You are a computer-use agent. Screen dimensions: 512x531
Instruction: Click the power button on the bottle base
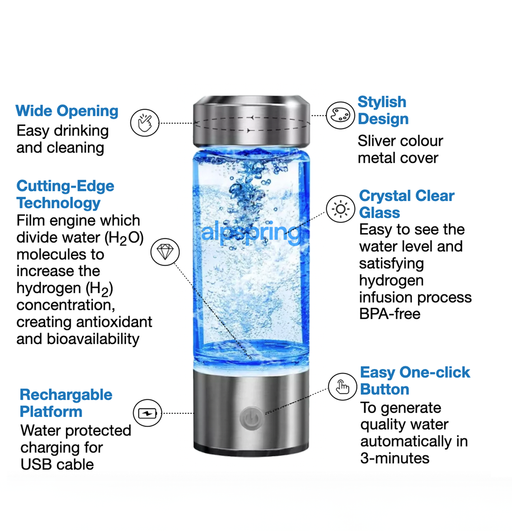(251, 418)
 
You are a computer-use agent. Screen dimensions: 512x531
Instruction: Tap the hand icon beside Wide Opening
(145, 123)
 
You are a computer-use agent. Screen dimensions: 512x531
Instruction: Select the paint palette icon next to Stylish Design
(340, 115)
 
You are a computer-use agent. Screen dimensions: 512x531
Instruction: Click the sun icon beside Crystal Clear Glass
(341, 209)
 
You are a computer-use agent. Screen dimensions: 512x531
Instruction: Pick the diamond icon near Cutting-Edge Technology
(165, 252)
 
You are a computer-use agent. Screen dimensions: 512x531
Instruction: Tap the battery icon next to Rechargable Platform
(147, 413)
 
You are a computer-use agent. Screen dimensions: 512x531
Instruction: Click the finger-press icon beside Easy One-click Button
(342, 387)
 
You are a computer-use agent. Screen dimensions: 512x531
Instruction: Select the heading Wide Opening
(67, 111)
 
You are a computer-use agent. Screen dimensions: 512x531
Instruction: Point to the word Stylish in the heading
(382, 102)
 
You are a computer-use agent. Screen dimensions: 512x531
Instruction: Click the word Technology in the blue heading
(58, 203)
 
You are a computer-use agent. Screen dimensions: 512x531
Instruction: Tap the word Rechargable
(66, 395)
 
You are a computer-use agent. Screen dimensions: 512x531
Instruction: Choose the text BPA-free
(390, 314)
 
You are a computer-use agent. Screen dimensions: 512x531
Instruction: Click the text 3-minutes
(395, 458)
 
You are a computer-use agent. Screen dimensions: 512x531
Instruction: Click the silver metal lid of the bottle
(251, 121)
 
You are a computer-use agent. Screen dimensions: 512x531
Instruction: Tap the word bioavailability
(93, 339)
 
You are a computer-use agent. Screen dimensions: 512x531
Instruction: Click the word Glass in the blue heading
(379, 213)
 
